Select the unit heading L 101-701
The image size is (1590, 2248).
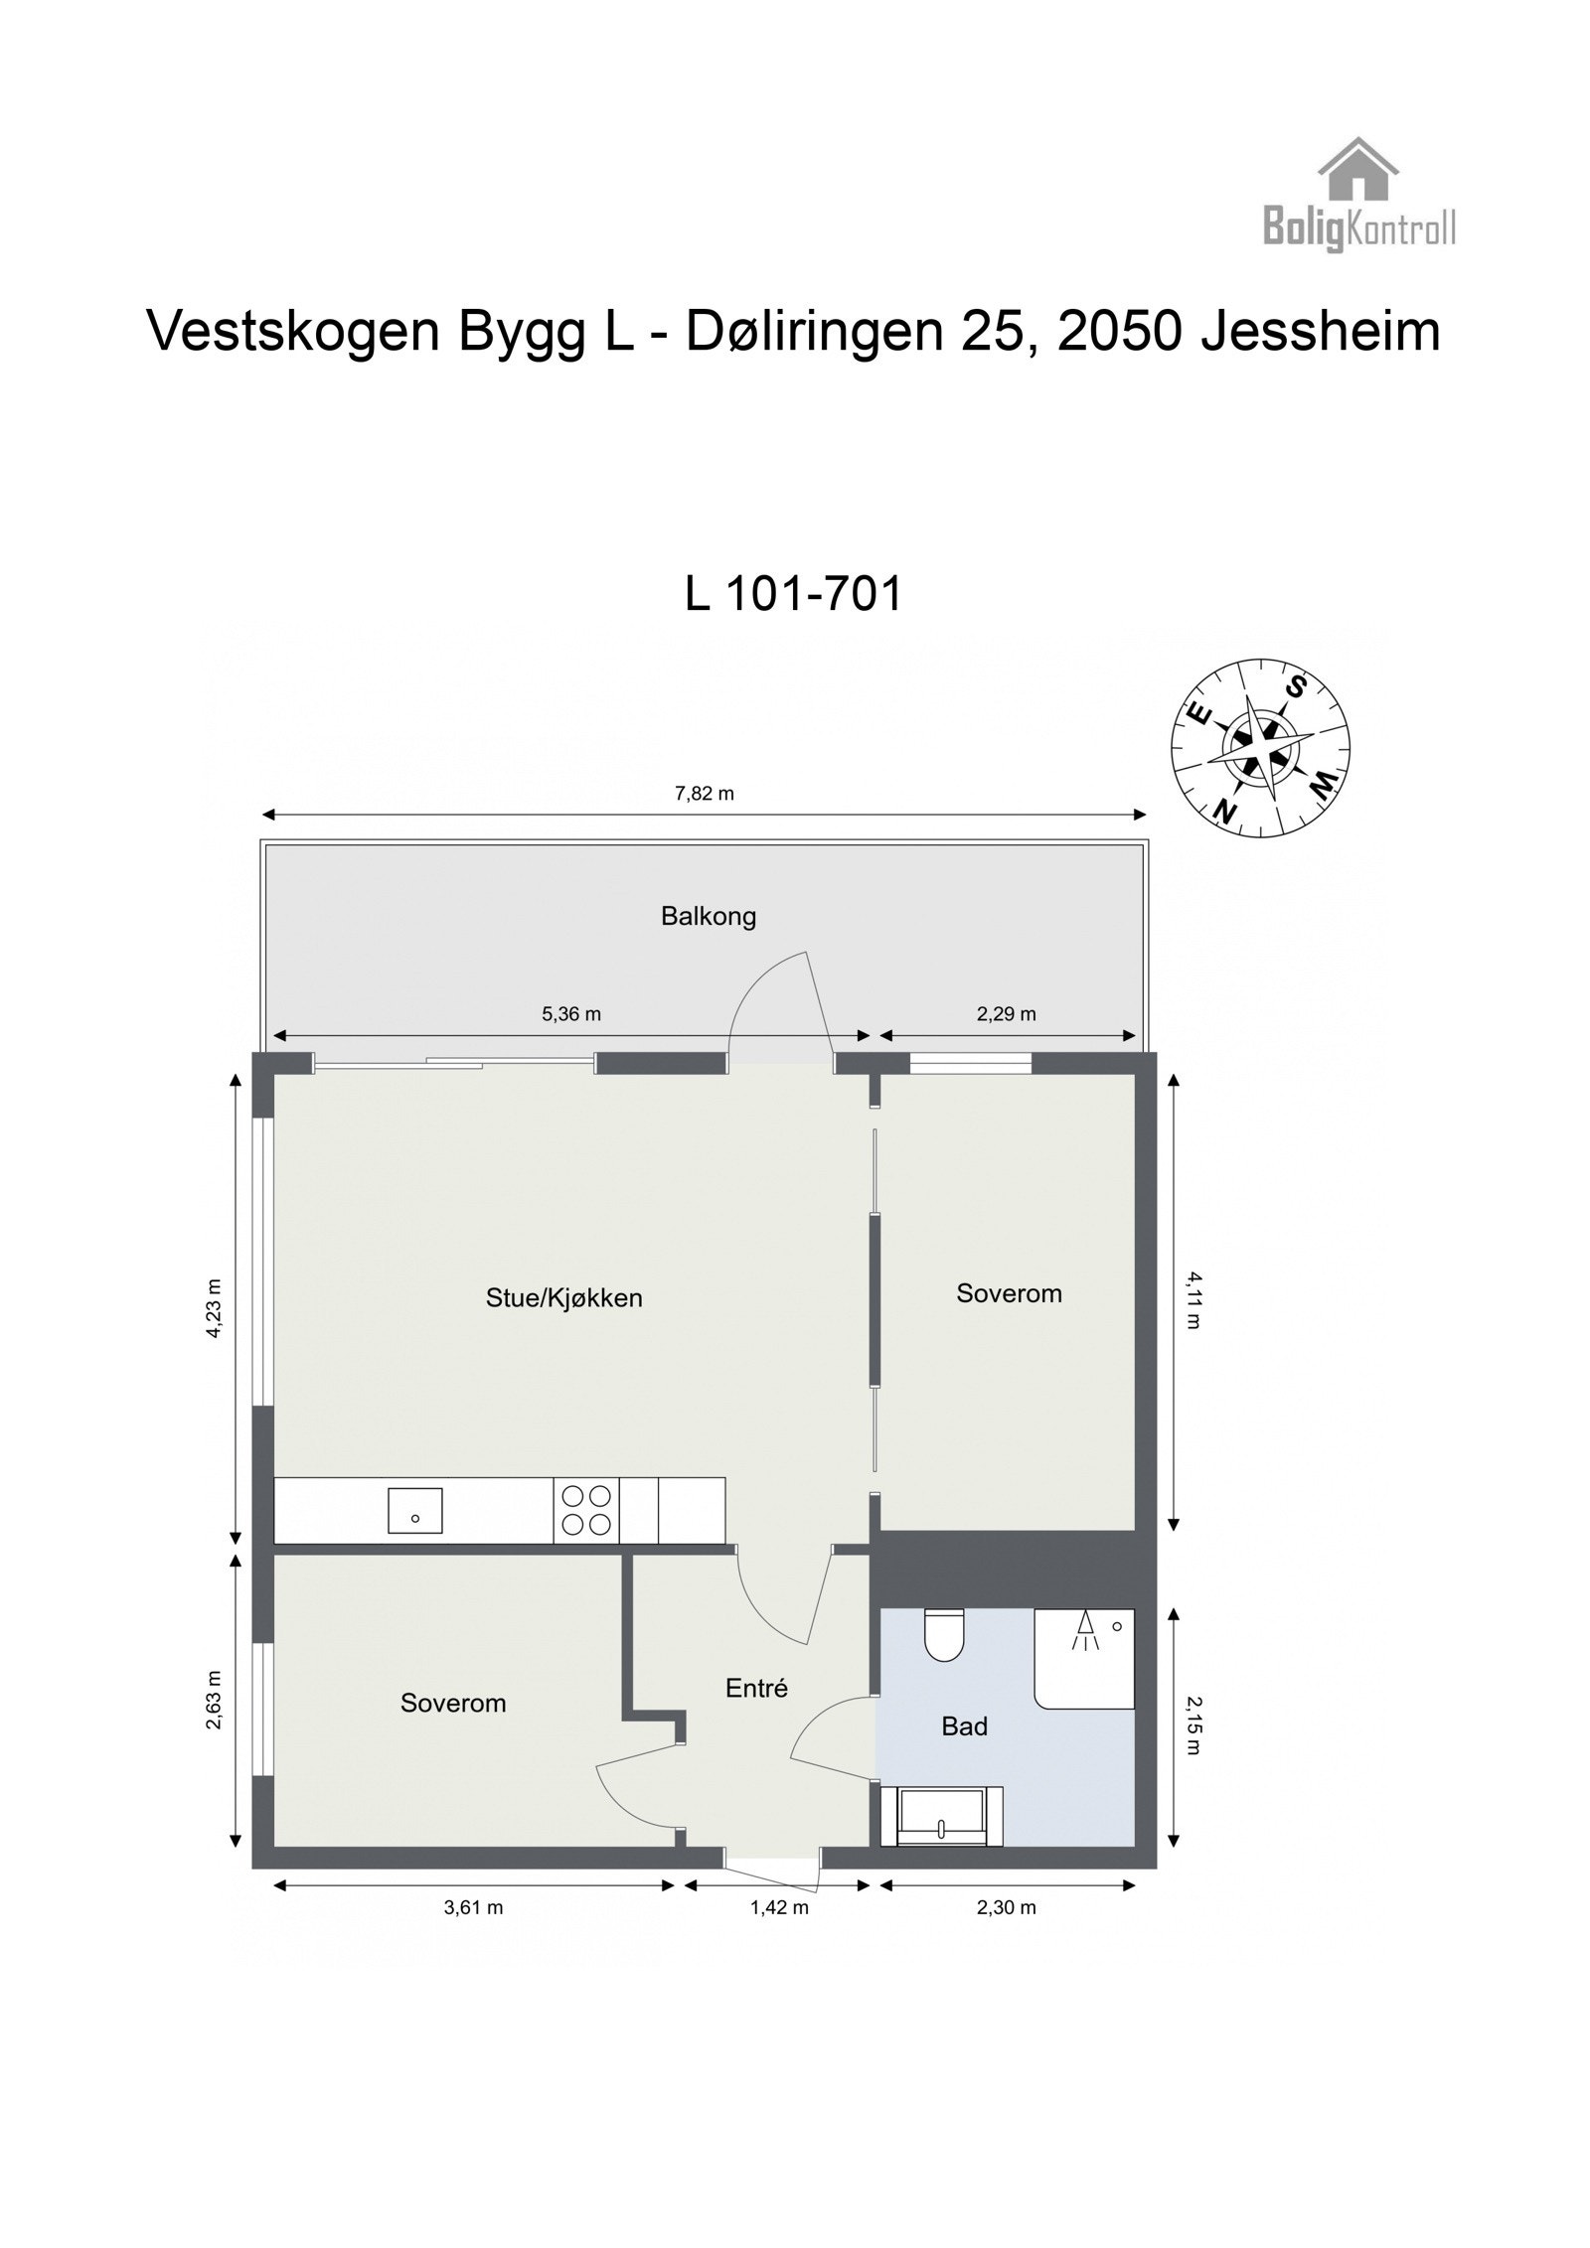pyautogui.click(x=794, y=594)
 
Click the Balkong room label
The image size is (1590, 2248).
pyautogui.click(x=709, y=916)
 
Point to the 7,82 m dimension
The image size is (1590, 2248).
pyautogui.click(x=705, y=794)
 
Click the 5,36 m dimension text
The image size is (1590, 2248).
pyautogui.click(x=571, y=1014)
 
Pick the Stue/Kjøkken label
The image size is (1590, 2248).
pyautogui.click(x=563, y=1297)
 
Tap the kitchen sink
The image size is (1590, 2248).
pyautogui.click(x=414, y=1510)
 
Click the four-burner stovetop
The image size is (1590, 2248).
pyautogui.click(x=586, y=1510)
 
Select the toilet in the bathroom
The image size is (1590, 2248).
pyautogui.click(x=943, y=1634)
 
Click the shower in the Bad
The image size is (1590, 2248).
pyautogui.click(x=1084, y=1657)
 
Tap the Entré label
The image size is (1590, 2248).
pyautogui.click(x=756, y=1688)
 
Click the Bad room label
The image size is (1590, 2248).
pyautogui.click(x=964, y=1726)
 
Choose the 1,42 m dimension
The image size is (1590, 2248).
pyautogui.click(x=779, y=1907)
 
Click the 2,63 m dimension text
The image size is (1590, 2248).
pyautogui.click(x=214, y=1700)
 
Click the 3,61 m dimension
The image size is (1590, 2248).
pyautogui.click(x=473, y=1907)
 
